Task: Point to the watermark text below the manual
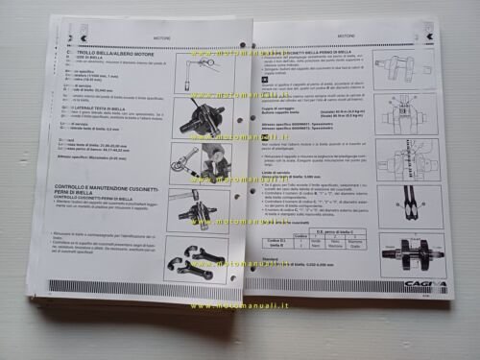point(238,307)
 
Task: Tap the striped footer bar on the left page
point(134,286)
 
